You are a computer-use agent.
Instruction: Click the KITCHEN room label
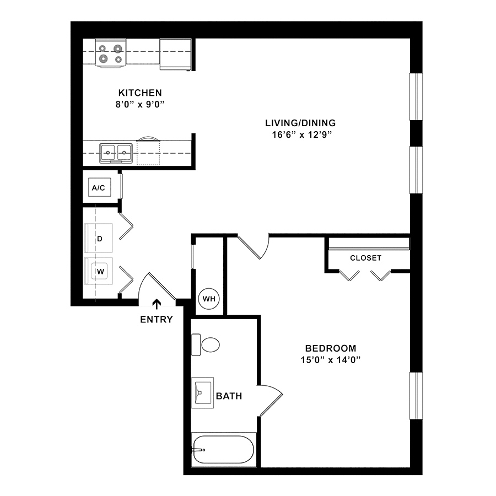(x=140, y=93)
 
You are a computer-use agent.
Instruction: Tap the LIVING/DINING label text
(x=300, y=123)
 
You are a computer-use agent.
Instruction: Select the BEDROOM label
(x=331, y=348)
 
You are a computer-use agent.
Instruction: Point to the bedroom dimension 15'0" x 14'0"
(x=331, y=360)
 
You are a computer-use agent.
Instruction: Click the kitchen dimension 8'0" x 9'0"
(x=140, y=104)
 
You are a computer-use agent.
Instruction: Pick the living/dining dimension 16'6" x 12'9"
(x=302, y=135)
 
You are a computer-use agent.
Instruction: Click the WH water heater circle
(x=209, y=299)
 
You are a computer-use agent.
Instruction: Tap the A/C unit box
(x=99, y=187)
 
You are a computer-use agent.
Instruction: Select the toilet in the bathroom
(x=206, y=344)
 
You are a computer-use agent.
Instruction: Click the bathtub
(x=223, y=450)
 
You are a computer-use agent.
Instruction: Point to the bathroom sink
(x=202, y=392)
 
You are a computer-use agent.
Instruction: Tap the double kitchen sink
(x=116, y=153)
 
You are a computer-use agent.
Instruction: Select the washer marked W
(x=99, y=271)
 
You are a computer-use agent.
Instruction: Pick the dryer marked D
(x=99, y=238)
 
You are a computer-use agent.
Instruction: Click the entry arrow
(x=157, y=304)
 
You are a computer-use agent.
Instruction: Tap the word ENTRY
(x=157, y=320)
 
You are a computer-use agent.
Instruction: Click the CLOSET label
(x=366, y=258)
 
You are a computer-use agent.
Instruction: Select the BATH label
(x=229, y=396)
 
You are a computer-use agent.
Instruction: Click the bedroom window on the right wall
(x=416, y=396)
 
